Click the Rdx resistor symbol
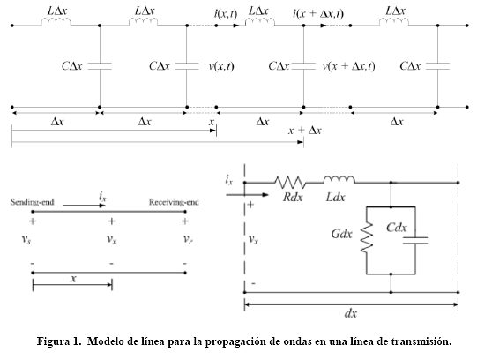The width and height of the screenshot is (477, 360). pos(290,182)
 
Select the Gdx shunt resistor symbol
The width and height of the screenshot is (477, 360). pos(367,237)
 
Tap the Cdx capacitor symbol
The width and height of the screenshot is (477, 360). pos(415,240)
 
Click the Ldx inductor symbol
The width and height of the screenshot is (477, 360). pos(339,179)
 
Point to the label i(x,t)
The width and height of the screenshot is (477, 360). pos(226,14)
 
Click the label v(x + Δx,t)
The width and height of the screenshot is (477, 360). pos(349,66)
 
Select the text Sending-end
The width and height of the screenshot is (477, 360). pos(33,202)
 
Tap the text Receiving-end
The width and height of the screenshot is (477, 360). pos(174,202)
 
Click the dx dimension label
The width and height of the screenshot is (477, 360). pos(351,313)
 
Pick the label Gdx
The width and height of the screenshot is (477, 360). pos(341,234)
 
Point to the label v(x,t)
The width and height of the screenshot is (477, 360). pos(221,66)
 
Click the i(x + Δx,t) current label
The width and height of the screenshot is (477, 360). pos(318,14)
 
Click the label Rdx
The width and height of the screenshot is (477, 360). pos(293,197)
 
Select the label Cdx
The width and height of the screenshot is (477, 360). pos(397,228)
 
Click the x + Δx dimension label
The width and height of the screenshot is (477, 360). pos(304,131)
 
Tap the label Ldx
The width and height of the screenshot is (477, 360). pos(336,197)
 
